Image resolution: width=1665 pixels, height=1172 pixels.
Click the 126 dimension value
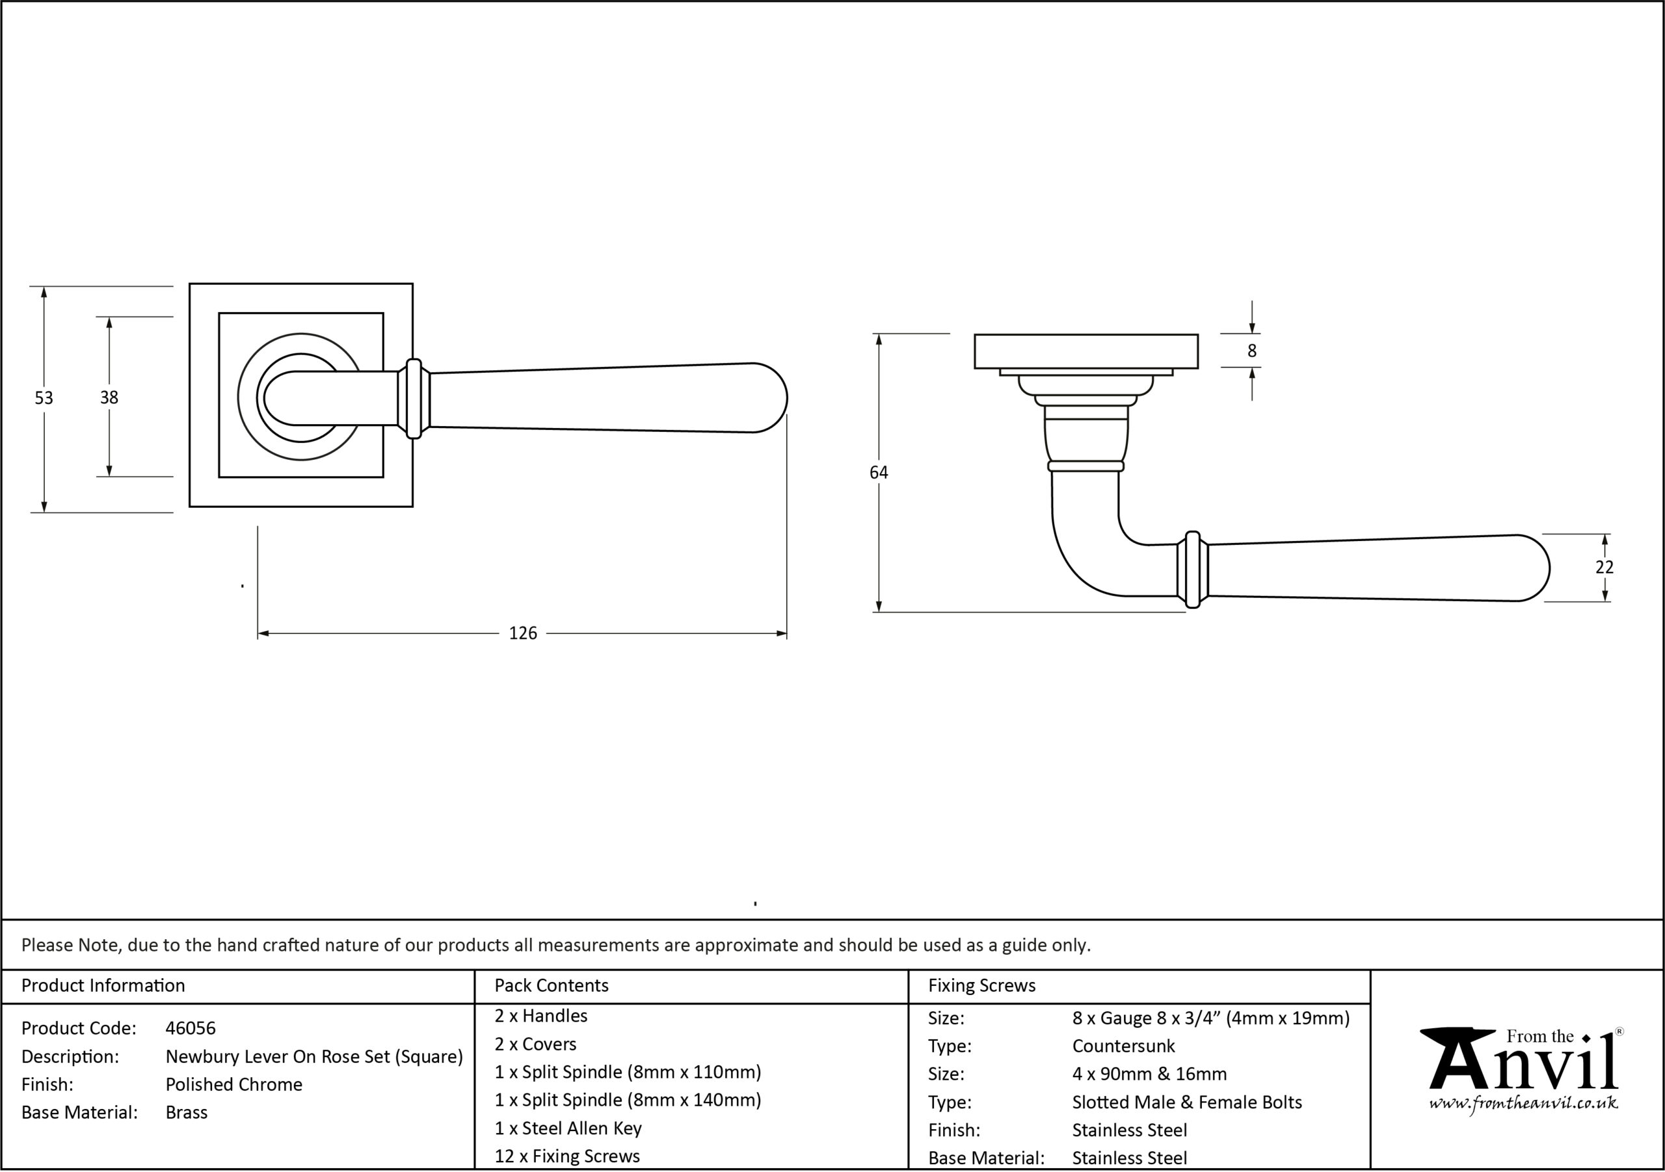523,633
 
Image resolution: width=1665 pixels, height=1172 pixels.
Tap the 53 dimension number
44,397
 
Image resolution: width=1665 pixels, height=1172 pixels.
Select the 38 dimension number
109,397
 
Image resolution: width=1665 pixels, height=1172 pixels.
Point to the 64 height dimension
878,472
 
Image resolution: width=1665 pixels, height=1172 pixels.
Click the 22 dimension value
1604,567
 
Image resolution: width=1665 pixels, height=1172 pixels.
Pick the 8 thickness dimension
1251,351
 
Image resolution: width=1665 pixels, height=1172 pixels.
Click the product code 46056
191,1028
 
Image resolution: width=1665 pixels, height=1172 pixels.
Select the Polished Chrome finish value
233,1084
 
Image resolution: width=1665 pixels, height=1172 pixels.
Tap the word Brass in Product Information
187,1113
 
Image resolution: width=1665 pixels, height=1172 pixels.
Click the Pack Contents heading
551,985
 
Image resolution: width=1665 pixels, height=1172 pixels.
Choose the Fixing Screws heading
982,985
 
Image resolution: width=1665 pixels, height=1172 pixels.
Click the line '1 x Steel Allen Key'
568,1128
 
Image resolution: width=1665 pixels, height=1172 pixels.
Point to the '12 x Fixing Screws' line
567,1156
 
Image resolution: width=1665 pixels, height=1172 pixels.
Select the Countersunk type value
1123,1046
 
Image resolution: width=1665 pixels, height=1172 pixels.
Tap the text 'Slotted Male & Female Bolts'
1187,1102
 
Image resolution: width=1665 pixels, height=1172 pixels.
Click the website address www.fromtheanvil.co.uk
1523,1103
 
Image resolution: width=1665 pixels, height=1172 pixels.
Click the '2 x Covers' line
535,1045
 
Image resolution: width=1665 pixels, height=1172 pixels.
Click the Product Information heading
103,985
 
